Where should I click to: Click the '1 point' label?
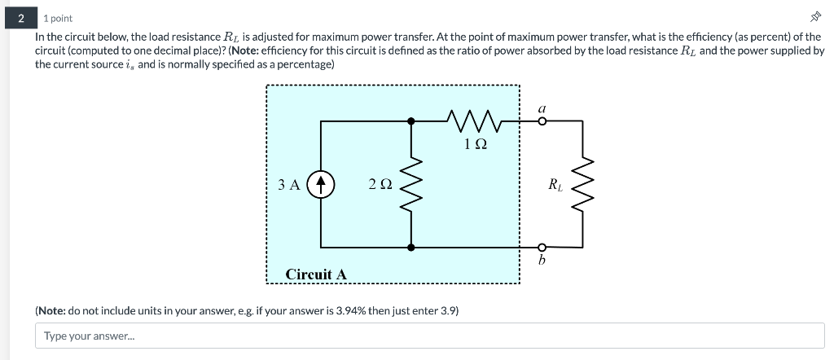(x=58, y=18)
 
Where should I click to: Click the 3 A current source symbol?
(x=322, y=184)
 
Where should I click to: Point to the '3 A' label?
(x=289, y=185)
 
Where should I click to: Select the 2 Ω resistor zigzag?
(x=411, y=184)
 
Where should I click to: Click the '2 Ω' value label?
(x=380, y=185)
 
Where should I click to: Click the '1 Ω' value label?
(x=476, y=144)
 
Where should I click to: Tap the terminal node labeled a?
(x=542, y=121)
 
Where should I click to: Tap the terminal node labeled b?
(x=542, y=247)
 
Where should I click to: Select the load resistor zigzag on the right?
(x=583, y=184)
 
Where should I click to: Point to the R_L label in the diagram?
(x=554, y=185)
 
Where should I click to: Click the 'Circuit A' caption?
(x=316, y=274)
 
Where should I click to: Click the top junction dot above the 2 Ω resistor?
(x=411, y=121)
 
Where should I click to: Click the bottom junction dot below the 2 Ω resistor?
(x=411, y=247)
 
